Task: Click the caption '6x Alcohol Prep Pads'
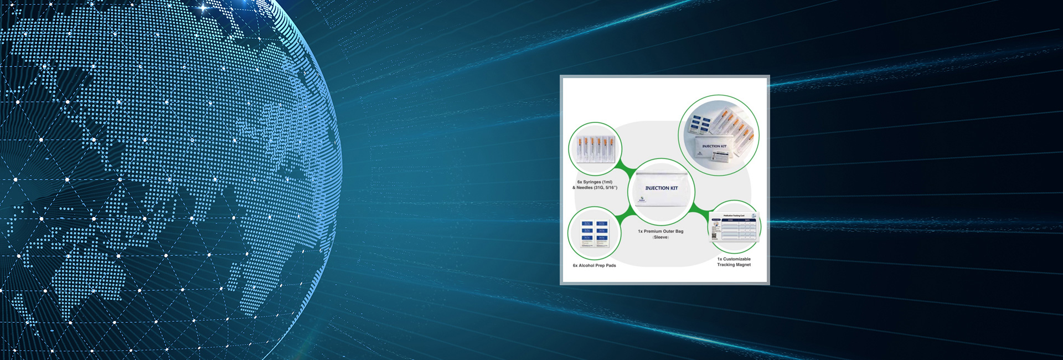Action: tap(594, 265)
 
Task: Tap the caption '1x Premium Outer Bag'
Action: tap(660, 232)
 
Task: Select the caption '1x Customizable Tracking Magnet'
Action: tap(734, 262)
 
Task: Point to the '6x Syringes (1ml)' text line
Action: tap(595, 182)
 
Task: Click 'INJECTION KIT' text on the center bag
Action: tap(661, 188)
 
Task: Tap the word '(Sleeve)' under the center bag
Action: tap(660, 238)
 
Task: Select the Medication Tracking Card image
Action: tap(734, 227)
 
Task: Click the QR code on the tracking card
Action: tap(714, 235)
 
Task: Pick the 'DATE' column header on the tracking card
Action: tap(746, 220)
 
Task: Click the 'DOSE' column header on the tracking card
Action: tap(730, 220)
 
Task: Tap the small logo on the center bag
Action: tap(642, 199)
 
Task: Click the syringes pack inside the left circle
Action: tap(595, 149)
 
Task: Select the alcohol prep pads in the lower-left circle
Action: tap(594, 233)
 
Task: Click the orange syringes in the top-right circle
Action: tap(734, 123)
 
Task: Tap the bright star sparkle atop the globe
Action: tap(204, 8)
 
